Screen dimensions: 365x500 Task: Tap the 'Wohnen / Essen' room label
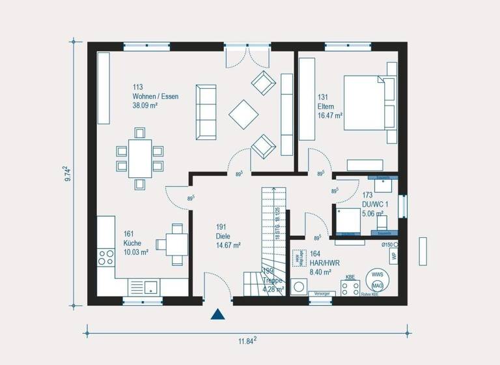[x=155, y=96]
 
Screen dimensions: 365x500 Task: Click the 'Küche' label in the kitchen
[x=132, y=243]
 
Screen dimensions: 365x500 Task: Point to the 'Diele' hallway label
[x=223, y=237]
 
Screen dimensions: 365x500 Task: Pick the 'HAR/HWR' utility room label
[x=320, y=263]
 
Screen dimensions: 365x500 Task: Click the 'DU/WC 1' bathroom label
[x=374, y=203]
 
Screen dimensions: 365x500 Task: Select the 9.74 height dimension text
[x=68, y=173]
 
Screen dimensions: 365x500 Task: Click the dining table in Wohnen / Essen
[x=139, y=158]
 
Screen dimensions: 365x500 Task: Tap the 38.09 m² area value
[x=146, y=105]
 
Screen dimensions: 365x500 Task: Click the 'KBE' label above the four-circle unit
[x=350, y=277]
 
